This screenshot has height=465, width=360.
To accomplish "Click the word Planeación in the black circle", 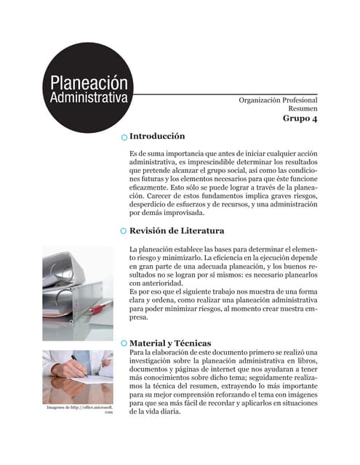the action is [84, 83].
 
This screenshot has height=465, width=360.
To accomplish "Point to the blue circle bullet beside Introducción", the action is [124, 137].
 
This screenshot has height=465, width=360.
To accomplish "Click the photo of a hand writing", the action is [77, 374].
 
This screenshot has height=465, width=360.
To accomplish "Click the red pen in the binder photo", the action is [97, 310].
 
